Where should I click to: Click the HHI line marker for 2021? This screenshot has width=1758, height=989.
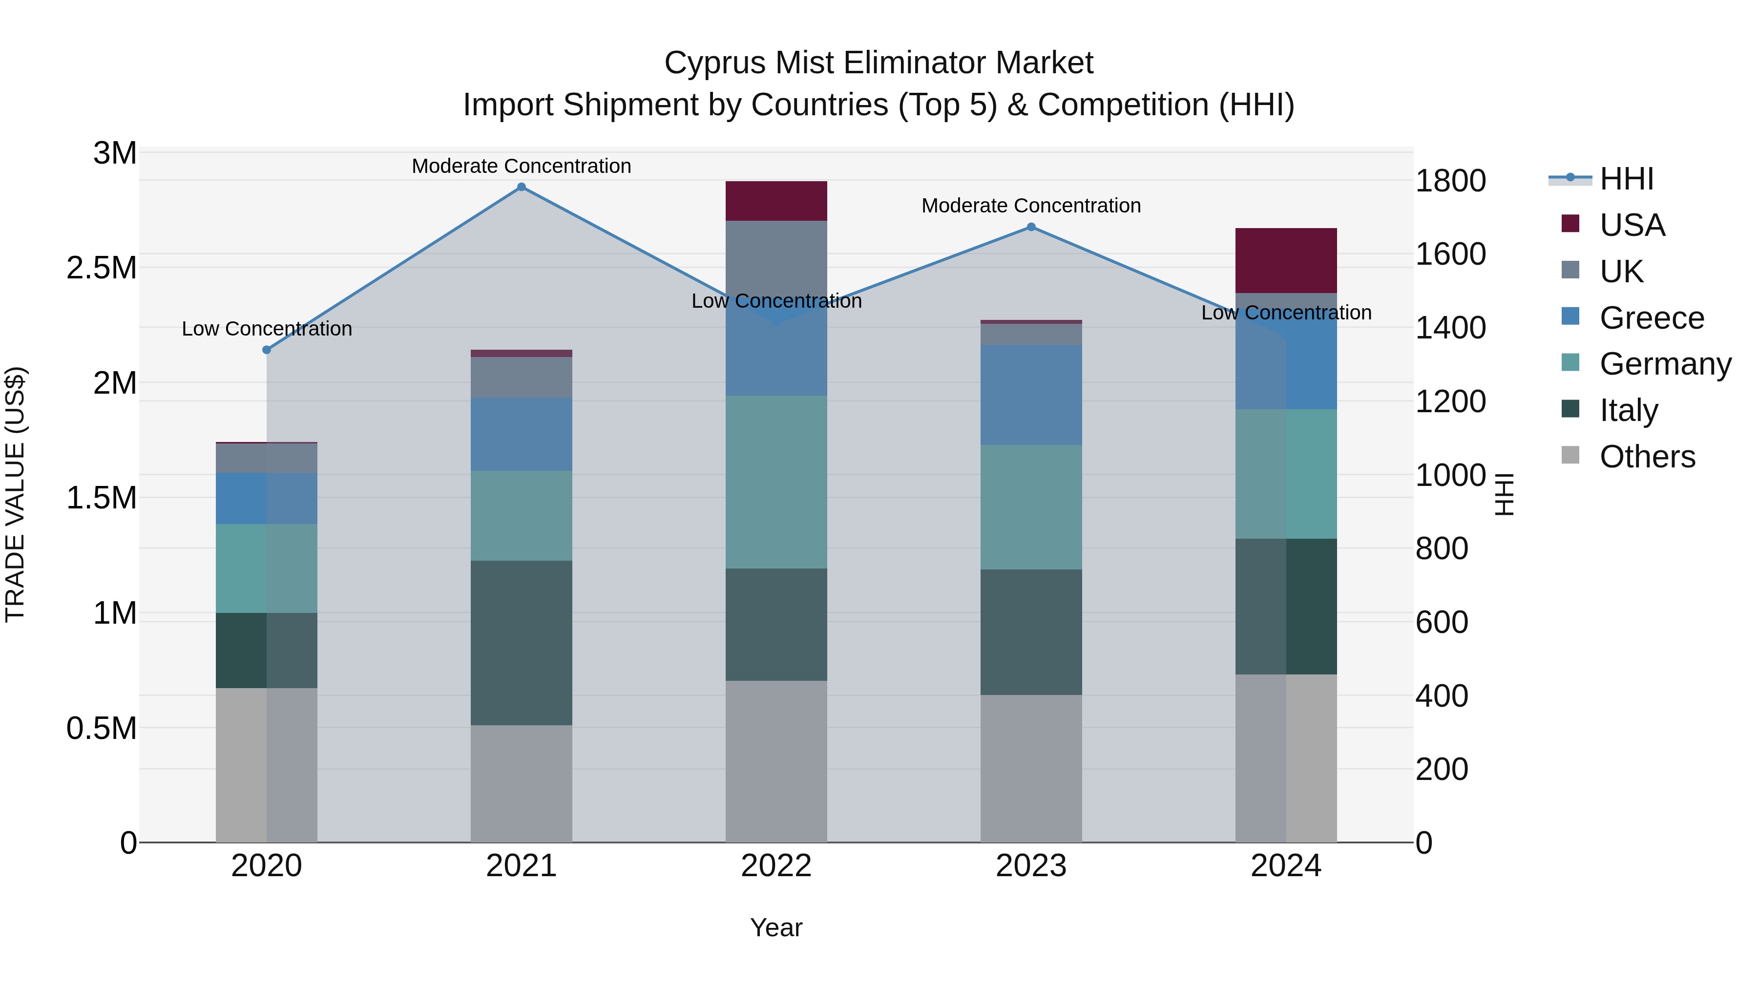522,187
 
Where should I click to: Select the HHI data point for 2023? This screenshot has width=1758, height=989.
1031,227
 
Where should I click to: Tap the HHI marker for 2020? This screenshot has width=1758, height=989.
267,350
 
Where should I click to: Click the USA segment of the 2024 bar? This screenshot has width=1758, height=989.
1286,261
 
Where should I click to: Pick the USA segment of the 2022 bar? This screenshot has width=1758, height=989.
776,201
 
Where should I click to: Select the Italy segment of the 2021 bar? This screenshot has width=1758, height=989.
522,642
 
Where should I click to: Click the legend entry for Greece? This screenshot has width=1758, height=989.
1651,318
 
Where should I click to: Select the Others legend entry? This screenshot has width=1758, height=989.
1647,457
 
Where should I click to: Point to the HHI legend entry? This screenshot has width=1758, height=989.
1626,179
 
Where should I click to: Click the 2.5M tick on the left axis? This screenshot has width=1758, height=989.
102,268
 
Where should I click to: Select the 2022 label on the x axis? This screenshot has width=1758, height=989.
776,866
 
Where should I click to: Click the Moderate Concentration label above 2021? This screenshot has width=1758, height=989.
522,166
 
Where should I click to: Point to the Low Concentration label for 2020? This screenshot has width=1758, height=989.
267,329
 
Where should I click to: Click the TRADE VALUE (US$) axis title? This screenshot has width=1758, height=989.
15,494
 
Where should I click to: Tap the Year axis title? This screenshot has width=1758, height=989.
776,927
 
